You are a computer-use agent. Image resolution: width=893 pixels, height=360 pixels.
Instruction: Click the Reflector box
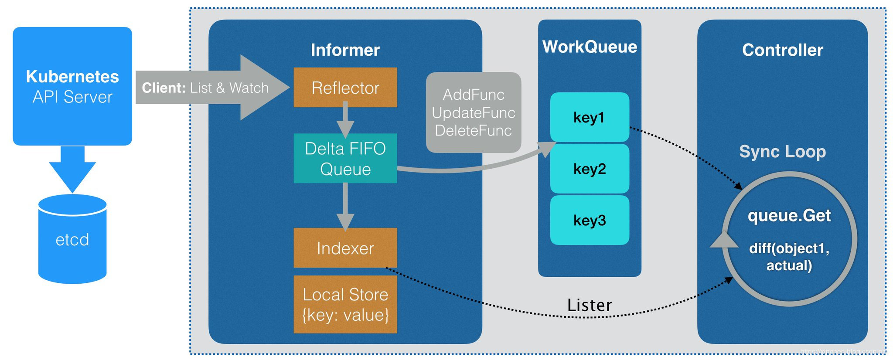coord(345,88)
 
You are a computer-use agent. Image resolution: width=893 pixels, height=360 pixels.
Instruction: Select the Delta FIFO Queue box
coord(345,159)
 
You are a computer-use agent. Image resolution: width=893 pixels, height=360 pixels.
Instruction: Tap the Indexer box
coord(345,248)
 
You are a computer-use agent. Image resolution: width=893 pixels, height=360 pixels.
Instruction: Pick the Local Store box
coord(345,305)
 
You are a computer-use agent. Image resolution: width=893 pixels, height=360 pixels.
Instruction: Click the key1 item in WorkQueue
coord(589,117)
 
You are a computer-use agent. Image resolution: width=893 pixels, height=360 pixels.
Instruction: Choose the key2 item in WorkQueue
coord(589,169)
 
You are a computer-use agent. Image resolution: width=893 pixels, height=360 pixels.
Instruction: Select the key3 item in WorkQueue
coord(589,220)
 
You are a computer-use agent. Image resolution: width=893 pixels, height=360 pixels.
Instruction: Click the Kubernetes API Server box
coord(72,86)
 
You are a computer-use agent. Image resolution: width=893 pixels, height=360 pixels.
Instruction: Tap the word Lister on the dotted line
coord(590,305)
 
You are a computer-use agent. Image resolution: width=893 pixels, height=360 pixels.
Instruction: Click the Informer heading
coord(345,50)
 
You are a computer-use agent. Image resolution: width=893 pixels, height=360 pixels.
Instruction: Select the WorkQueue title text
coord(590,47)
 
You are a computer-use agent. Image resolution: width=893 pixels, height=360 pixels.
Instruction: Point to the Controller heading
coord(782,50)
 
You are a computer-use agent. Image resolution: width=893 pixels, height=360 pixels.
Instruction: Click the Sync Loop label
coord(782,152)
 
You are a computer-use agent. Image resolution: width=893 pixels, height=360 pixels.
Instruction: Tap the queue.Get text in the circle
coord(789,216)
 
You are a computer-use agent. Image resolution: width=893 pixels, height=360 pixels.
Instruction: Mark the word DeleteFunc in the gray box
coord(473,130)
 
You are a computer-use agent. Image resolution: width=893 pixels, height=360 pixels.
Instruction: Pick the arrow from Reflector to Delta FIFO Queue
coord(345,120)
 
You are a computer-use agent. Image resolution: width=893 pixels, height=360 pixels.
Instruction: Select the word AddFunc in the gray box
coord(473,95)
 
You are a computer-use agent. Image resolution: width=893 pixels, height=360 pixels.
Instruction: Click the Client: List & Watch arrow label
coord(205,88)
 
